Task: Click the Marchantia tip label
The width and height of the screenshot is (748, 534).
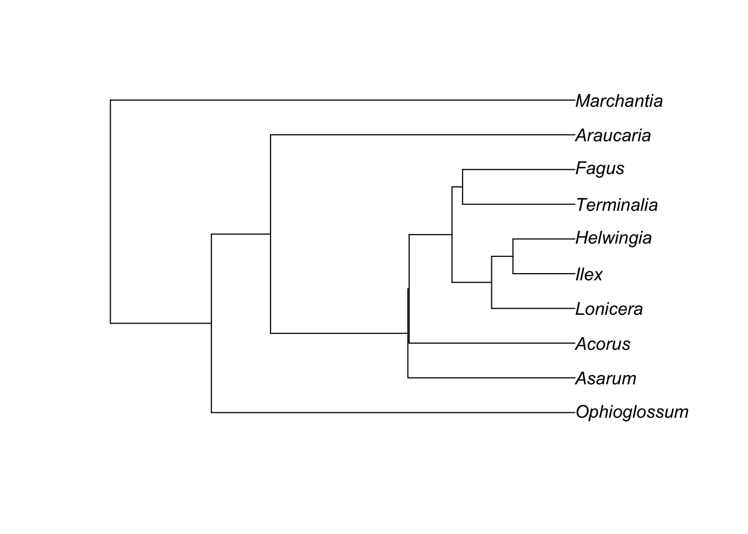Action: (x=619, y=101)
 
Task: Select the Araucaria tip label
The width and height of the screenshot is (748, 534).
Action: (x=613, y=135)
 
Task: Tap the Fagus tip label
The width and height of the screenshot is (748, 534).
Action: (x=600, y=169)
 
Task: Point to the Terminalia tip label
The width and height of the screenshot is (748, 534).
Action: (x=617, y=205)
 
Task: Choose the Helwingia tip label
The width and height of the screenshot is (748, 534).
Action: (x=613, y=238)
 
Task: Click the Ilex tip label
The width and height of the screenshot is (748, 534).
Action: (x=589, y=274)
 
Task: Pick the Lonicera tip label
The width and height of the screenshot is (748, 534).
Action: (x=609, y=309)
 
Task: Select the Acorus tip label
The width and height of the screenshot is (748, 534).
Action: (x=603, y=344)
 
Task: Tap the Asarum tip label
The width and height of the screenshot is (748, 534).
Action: (x=606, y=378)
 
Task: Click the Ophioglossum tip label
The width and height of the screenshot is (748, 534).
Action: (x=632, y=412)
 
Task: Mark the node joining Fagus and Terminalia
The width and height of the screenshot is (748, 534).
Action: (x=463, y=187)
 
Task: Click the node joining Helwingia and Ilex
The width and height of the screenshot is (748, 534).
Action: (x=513, y=256)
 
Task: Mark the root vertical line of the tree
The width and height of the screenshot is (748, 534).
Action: (x=111, y=211)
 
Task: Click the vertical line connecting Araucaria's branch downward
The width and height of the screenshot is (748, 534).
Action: (x=270, y=234)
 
